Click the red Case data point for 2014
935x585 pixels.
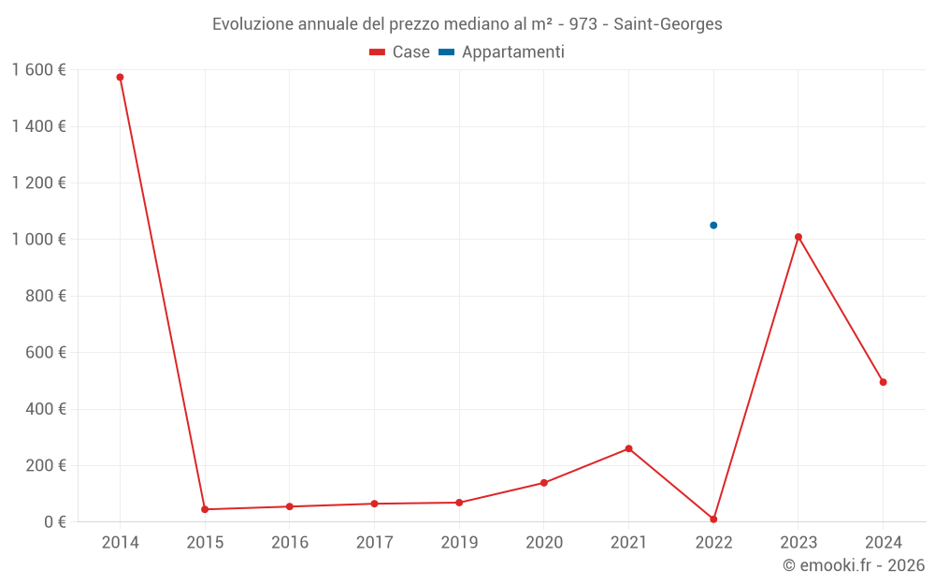coord(120,77)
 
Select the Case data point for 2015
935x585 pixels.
coord(205,509)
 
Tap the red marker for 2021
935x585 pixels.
coord(628,448)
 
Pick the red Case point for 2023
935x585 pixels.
coord(798,237)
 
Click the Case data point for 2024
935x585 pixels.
coord(883,382)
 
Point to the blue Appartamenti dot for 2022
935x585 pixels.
coord(713,225)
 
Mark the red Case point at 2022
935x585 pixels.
coord(713,519)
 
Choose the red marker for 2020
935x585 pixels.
coord(543,483)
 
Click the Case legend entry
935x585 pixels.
coord(400,52)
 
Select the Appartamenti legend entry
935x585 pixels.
coord(502,52)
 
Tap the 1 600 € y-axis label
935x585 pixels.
coord(38,70)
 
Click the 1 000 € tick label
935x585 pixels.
coord(38,240)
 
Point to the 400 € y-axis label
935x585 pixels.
coord(45,409)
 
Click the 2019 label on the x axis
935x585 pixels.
coord(459,542)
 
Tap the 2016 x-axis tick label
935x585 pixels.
coord(289,542)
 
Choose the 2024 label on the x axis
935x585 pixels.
coord(883,542)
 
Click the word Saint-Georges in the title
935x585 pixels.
coord(668,24)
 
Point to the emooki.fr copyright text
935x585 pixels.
coord(854,565)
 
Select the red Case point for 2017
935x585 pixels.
coord(374,504)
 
